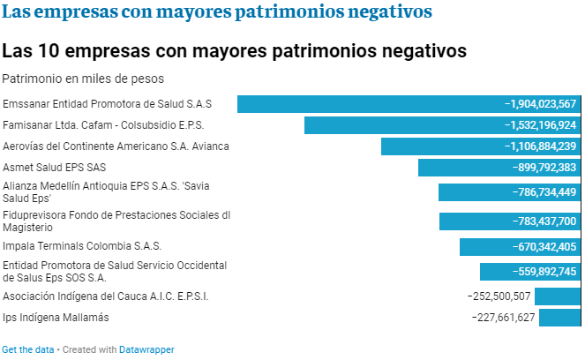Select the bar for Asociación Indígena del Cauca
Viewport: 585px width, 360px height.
tap(558, 296)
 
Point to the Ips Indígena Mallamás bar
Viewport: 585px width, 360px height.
tap(559, 318)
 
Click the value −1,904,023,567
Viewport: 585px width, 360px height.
tap(540, 104)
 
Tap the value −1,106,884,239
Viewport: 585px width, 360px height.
tap(540, 146)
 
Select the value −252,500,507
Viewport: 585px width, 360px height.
tap(499, 296)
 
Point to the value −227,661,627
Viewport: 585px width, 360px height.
tap(503, 318)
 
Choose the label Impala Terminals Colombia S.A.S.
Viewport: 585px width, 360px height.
tap(82, 246)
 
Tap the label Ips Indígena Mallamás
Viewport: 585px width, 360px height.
tap(57, 318)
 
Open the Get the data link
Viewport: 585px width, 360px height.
tap(27, 349)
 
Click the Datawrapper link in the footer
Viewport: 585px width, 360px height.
tap(146, 349)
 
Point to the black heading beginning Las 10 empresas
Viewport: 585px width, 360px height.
tap(235, 50)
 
